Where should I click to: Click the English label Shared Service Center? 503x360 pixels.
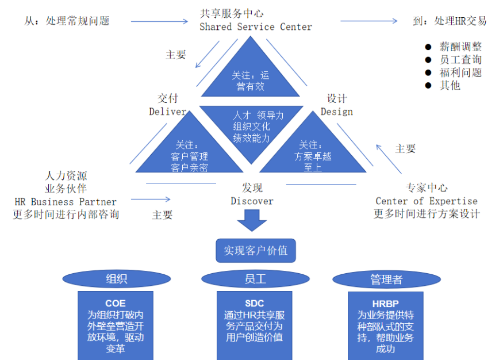click(x=256, y=27)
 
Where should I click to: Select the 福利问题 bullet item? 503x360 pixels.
click(x=460, y=72)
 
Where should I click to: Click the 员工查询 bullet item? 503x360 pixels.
click(x=460, y=60)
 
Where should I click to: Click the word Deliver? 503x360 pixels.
click(x=167, y=112)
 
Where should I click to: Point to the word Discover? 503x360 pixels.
click(x=252, y=201)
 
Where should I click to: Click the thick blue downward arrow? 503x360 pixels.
click(x=252, y=221)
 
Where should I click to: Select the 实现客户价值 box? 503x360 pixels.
click(x=255, y=251)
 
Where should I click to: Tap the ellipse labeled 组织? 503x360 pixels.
click(x=116, y=279)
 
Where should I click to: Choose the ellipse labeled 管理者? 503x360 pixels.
click(x=386, y=279)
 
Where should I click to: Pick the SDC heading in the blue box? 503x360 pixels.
click(x=254, y=304)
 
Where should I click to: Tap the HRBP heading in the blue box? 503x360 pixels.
click(x=385, y=304)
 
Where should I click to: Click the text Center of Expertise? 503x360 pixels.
click(x=426, y=201)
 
